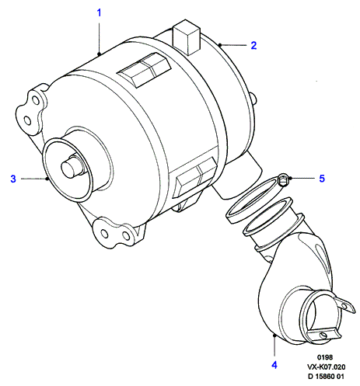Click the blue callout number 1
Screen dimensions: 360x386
[99, 12]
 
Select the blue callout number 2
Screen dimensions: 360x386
[253, 45]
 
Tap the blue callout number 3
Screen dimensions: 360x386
[13, 179]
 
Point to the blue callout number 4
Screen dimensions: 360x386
[274, 365]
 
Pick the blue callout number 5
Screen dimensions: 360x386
[322, 179]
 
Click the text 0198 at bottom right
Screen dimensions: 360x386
[325, 357]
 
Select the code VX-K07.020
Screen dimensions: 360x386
[327, 367]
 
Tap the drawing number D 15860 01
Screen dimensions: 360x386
[326, 376]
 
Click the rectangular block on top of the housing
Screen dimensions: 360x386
[186, 37]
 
